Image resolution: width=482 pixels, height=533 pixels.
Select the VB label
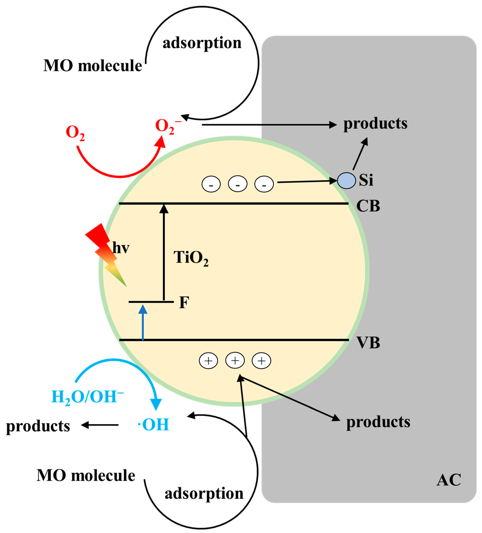pyautogui.click(x=368, y=343)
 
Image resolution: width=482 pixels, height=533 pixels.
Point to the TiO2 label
pyautogui.click(x=191, y=258)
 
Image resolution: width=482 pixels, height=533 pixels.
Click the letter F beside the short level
pyautogui.click(x=184, y=302)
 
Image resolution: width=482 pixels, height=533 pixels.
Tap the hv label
pyautogui.click(x=121, y=248)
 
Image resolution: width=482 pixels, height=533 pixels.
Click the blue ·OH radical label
pyautogui.click(x=153, y=425)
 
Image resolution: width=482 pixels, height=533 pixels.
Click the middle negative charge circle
pyautogui.click(x=238, y=184)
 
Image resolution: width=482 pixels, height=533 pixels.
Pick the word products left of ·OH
pyautogui.click(x=38, y=426)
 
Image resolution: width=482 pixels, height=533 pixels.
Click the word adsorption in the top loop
pyautogui.click(x=202, y=43)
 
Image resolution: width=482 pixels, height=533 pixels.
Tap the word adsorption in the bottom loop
pyautogui.click(x=204, y=494)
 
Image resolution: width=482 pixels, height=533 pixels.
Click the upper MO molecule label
pyautogui.click(x=93, y=65)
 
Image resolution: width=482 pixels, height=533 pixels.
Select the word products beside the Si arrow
pyautogui.click(x=375, y=123)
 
